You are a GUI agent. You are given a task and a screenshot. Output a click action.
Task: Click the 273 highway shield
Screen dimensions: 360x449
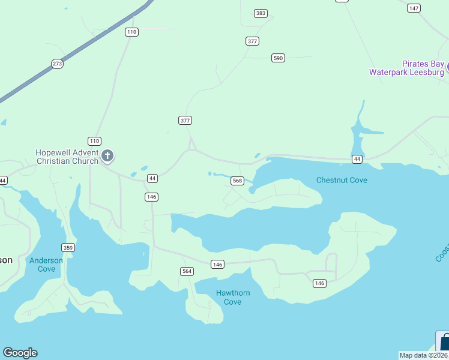tap(57, 64)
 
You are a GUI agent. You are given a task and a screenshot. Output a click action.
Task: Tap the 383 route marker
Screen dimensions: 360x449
tap(261, 13)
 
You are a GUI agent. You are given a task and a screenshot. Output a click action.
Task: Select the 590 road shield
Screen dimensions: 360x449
tap(277, 58)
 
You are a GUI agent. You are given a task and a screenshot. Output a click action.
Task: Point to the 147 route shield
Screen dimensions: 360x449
tap(414, 8)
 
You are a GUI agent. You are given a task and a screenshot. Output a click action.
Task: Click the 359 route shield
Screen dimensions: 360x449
tap(68, 247)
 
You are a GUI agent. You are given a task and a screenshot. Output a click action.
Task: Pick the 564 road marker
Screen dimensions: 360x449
tap(187, 271)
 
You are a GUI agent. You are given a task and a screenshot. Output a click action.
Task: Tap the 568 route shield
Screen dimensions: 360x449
tap(237, 181)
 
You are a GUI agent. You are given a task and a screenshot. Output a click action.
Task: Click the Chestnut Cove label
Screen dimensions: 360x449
tap(342, 180)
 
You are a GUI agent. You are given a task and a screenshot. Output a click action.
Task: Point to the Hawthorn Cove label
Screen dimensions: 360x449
tap(232, 297)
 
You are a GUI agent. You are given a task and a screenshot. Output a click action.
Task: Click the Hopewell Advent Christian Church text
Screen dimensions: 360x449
tap(67, 157)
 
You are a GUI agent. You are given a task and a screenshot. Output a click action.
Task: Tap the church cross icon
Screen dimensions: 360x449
tap(108, 157)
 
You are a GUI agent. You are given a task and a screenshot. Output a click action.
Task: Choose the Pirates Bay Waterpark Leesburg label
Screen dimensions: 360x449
tap(406, 68)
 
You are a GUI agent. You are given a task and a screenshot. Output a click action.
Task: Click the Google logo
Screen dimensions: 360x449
tap(20, 353)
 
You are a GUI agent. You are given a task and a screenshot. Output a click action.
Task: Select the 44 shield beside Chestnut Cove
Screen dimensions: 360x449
tap(357, 159)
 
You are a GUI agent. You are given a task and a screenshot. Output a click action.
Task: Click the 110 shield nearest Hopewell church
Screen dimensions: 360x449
tap(94, 141)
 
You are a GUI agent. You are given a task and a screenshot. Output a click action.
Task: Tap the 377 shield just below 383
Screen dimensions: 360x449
tap(252, 41)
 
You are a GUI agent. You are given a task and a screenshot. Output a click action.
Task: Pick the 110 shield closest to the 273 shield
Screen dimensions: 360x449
tap(131, 32)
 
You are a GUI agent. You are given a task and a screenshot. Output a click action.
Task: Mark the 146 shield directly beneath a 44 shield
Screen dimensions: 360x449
tap(151, 197)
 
